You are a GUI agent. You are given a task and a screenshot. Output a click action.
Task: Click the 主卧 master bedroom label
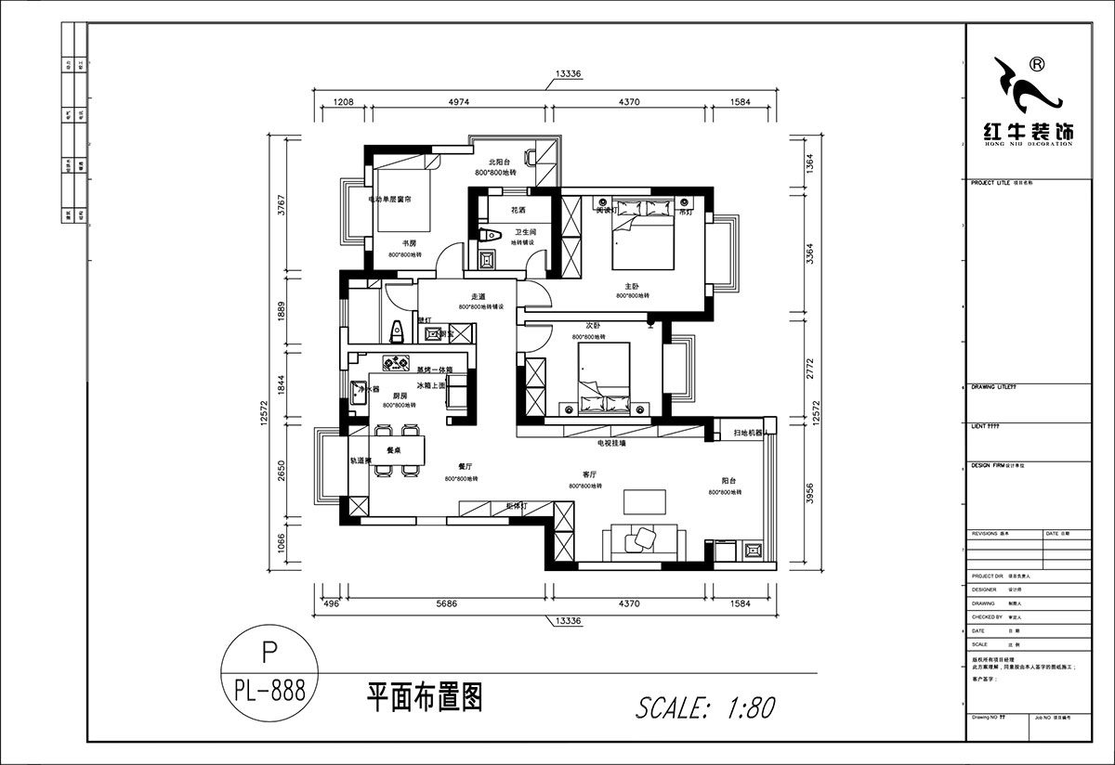coord(632,287)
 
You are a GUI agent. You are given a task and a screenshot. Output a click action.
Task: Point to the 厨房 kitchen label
coord(400,395)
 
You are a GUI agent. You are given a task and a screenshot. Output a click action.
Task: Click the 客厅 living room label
coord(587,474)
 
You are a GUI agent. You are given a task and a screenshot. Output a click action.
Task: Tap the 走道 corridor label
coord(466,297)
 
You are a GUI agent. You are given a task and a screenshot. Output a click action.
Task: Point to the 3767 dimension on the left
coord(282,204)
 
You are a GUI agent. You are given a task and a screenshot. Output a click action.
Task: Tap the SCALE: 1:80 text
coord(704,707)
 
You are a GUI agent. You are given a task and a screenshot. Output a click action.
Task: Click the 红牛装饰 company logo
coord(1027,102)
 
